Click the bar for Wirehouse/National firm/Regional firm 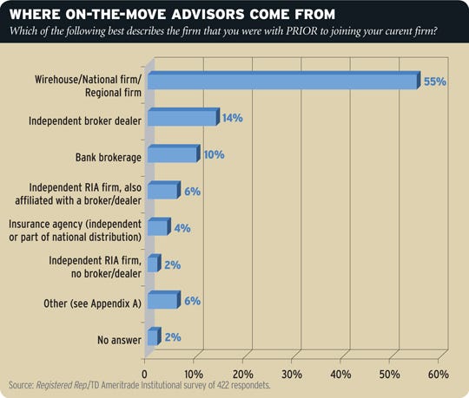point(283,81)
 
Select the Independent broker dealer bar point(182,118)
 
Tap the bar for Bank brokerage point(173,154)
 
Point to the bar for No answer point(153,336)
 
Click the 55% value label point(435,81)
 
